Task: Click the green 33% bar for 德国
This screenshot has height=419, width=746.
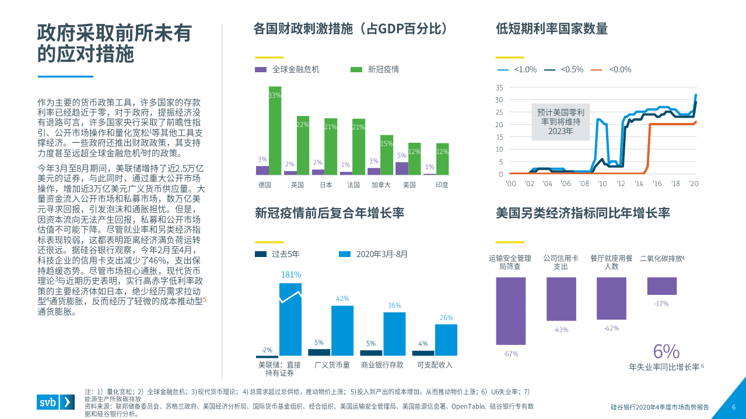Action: [x=275, y=131]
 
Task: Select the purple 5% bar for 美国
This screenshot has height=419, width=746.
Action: [x=401, y=168]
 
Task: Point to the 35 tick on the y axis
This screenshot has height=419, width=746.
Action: [x=499, y=87]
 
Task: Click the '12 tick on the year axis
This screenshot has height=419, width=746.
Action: [x=621, y=183]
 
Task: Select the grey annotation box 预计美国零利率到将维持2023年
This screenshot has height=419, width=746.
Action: [x=561, y=122]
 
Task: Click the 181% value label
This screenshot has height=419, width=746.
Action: [x=290, y=274]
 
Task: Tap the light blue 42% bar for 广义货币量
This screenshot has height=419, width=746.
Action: [x=342, y=330]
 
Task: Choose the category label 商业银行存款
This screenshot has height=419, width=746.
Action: [x=383, y=365]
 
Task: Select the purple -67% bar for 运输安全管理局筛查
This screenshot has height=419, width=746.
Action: [x=511, y=312]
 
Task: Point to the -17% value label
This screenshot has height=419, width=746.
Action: [x=661, y=304]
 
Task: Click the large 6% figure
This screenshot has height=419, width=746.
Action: [x=666, y=351]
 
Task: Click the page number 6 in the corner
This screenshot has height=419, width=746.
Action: [x=734, y=407]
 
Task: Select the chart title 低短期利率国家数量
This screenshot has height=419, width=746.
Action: [x=551, y=29]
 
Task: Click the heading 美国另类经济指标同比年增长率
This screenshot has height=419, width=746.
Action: [x=583, y=213]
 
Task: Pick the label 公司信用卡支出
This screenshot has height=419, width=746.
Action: [x=561, y=262]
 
